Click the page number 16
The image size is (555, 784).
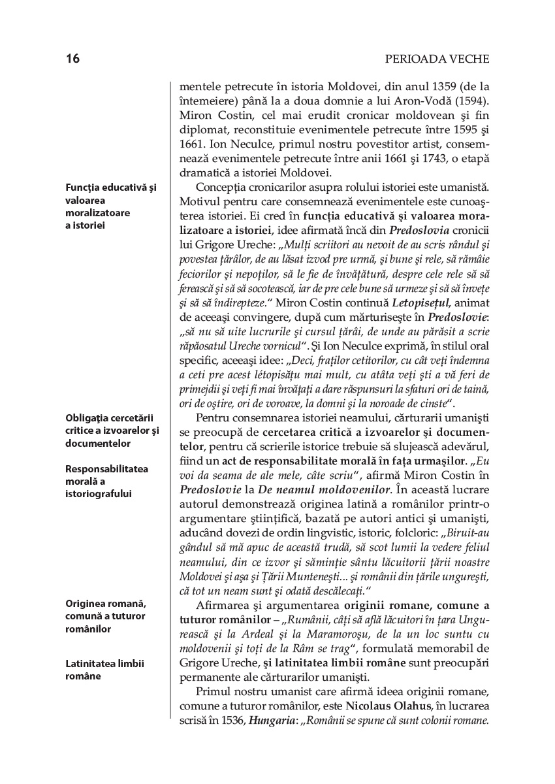click(x=72, y=59)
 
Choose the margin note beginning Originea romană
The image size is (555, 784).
click(x=105, y=616)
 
